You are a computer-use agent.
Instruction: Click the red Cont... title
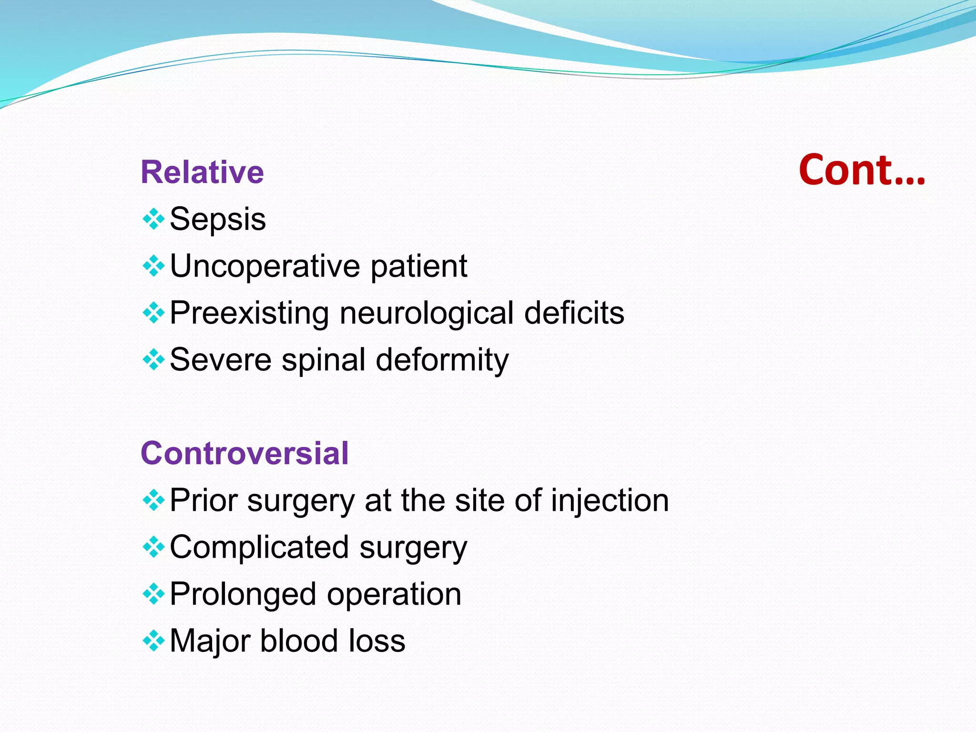862,170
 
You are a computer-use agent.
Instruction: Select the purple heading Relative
202,172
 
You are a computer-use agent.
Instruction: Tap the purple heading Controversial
244,453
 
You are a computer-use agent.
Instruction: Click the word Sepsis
218,220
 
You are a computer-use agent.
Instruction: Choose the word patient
419,266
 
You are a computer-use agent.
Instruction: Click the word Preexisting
249,313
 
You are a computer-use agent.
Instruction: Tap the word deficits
574,313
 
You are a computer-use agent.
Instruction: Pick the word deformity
442,360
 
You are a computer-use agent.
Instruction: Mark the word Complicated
259,547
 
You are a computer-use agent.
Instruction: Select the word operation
394,594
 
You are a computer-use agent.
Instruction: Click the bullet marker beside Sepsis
153,220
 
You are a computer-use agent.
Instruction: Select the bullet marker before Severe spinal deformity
153,360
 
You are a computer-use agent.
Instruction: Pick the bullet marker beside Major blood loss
153,641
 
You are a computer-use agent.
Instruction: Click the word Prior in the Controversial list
203,500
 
